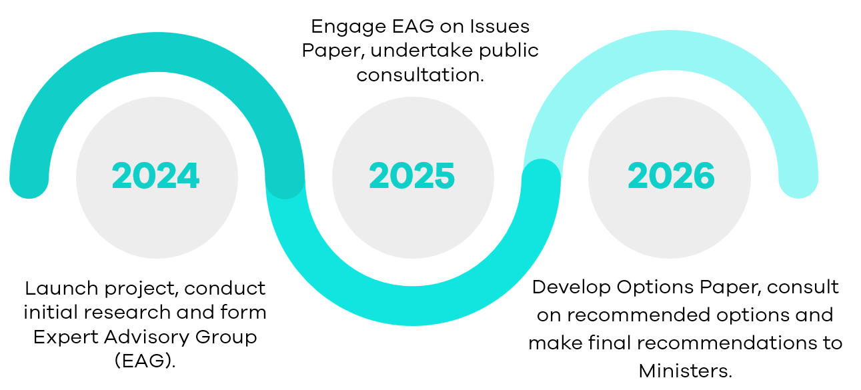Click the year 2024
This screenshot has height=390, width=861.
point(155,176)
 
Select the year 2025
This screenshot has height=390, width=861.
point(411,176)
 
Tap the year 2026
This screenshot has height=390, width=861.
point(671,176)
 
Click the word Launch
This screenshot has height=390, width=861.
point(61,288)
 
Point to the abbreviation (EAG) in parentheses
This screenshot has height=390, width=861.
point(145,361)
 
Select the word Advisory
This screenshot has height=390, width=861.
point(147,338)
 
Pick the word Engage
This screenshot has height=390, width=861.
point(349,27)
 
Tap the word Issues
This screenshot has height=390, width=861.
point(500,27)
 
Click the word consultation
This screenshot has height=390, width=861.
point(420,75)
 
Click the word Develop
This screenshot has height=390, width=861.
point(571,288)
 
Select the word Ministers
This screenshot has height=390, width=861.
point(686,371)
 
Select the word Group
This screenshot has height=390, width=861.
point(226,338)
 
